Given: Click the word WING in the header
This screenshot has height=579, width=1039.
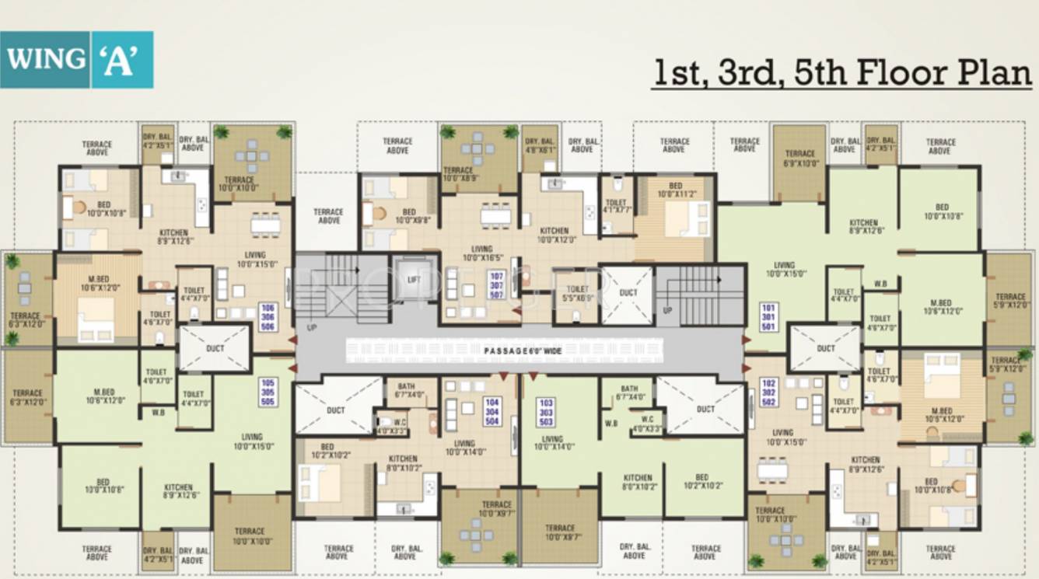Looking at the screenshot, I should tap(46, 59).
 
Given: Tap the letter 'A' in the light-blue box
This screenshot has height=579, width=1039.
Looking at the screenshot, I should tap(121, 60).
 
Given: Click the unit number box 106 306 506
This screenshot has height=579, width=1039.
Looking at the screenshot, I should tap(268, 316).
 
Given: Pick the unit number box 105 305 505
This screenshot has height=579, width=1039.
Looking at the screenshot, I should tap(268, 392).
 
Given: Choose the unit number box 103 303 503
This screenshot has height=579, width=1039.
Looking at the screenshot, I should tap(546, 411).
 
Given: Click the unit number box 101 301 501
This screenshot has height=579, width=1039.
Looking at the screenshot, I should tap(768, 316).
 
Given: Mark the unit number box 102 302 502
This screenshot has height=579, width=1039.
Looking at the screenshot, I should tap(768, 392).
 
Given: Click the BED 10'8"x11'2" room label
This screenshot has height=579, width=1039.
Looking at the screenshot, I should tap(674, 190).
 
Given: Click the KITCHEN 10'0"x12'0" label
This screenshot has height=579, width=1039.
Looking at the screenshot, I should tap(554, 235).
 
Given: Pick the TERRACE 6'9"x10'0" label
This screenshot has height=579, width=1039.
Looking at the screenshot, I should tap(799, 159).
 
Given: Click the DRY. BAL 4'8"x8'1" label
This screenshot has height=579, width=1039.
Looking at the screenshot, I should tap(540, 146).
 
